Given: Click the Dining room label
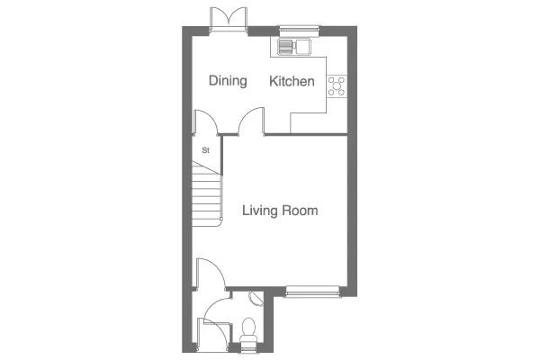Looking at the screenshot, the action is [228, 81].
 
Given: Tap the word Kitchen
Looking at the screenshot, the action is [292, 81].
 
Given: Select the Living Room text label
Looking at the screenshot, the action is [280, 211].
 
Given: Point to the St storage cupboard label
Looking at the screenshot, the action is [205, 150].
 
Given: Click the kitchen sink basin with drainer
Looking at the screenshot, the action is [294, 47].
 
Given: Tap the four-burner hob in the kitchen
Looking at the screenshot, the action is [337, 86].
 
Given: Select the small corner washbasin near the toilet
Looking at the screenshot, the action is [256, 298].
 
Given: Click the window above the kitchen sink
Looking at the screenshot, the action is [300, 31].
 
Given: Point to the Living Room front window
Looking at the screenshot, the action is [312, 292].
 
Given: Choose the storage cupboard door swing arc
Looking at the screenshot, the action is [206, 122].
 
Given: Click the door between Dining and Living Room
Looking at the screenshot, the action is [251, 121].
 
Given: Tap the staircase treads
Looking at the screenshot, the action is [206, 195].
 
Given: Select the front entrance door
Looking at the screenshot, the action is [213, 335].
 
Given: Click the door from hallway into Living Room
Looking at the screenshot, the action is [211, 274].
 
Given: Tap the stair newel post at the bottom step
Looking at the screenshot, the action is [221, 219].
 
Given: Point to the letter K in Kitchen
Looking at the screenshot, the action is [273, 81].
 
